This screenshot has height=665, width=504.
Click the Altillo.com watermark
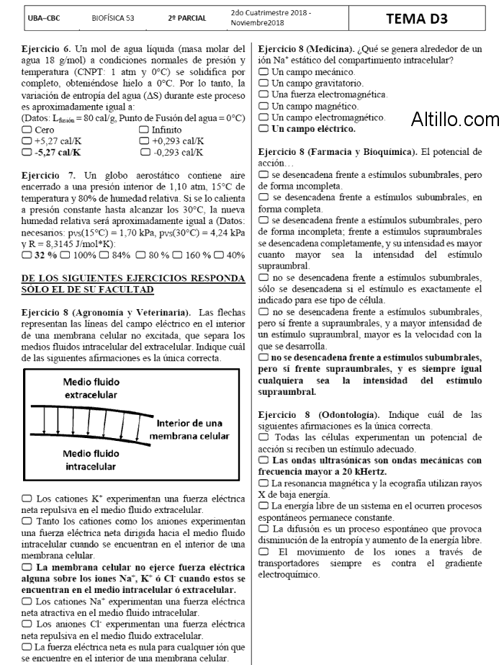[x=454, y=120]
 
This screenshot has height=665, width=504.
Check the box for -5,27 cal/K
[x=27, y=153]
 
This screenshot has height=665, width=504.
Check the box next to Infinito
[x=144, y=130]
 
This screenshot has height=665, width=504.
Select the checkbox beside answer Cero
[x=27, y=130]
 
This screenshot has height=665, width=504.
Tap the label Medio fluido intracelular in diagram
[x=92, y=460]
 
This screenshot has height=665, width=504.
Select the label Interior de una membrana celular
[x=192, y=429]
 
